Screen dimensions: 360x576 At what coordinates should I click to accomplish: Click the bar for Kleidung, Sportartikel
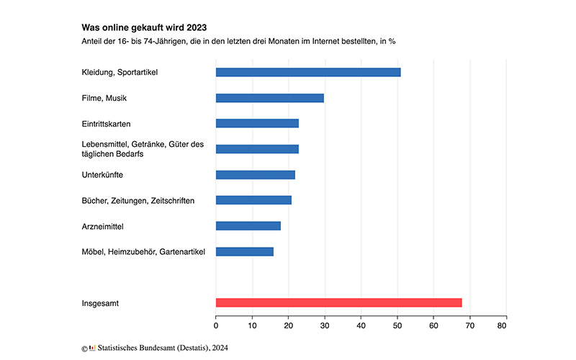pos(308,72)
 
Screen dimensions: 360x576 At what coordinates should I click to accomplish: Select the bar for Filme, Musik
pos(270,98)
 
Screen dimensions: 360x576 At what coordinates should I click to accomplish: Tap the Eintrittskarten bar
pos(257,123)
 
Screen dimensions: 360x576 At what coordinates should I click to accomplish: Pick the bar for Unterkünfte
pos(256,175)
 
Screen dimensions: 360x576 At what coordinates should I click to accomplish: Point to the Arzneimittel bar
pos(248,226)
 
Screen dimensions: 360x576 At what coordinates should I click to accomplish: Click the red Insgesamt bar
pos(338,303)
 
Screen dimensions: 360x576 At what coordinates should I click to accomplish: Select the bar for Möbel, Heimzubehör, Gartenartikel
pos(245,251)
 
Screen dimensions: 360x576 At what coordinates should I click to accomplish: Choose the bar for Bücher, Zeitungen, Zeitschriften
pos(253,200)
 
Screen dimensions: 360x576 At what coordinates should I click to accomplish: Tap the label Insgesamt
pos(102,303)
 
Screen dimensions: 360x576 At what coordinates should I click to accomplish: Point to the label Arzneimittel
pos(103,226)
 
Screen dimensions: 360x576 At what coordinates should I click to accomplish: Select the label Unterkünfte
pos(103,175)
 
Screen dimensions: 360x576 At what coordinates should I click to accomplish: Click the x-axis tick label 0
pos(216,326)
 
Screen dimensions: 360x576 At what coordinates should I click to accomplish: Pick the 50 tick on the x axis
pos(397,326)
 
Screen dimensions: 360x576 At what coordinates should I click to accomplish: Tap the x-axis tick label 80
pos(506,326)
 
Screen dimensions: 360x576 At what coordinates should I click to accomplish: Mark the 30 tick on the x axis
pos(325,326)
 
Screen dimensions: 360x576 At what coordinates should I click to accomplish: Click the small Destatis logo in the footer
pos(92,348)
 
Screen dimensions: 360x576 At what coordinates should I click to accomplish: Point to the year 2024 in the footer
pos(218,348)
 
